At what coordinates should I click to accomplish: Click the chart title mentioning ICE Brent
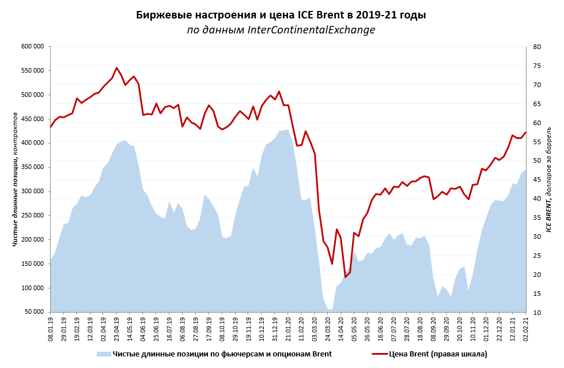pos(281,15)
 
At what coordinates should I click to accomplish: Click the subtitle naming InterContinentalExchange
pos(281,30)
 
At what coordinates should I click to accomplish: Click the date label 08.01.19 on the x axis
pos(51,330)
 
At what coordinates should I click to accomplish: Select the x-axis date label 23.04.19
pos(116,330)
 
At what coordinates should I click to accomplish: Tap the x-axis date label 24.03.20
pos(328,330)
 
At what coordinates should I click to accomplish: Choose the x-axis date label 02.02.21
pos(526,330)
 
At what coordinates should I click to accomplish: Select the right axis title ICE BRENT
pos(549,179)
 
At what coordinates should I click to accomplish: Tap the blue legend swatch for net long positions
pos(104,354)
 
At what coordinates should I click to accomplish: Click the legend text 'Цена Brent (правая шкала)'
pos(438,354)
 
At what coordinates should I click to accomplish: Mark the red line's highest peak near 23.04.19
pos(116,67)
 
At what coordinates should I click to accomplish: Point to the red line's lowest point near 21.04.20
pos(345,277)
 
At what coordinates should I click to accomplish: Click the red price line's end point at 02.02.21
pos(526,132)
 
